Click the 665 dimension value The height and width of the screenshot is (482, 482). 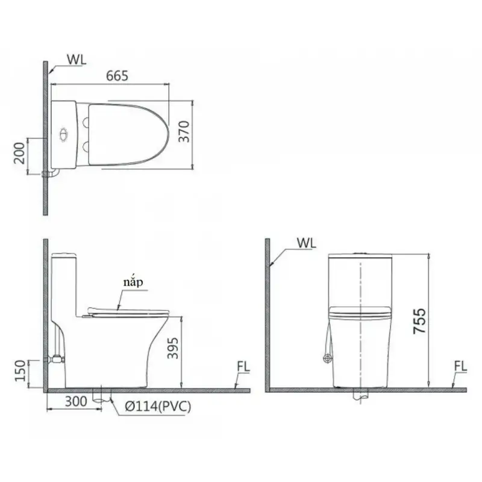[117, 76]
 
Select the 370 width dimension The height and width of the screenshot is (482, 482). [184, 131]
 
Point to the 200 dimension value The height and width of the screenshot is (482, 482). [19, 153]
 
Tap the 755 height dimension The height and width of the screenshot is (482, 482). [419, 321]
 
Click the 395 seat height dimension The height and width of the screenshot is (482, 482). [173, 348]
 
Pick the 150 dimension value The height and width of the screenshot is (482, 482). [20, 371]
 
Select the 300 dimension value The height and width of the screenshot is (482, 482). [77, 401]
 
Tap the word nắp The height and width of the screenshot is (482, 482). [133, 283]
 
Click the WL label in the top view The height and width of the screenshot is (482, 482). [77, 60]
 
